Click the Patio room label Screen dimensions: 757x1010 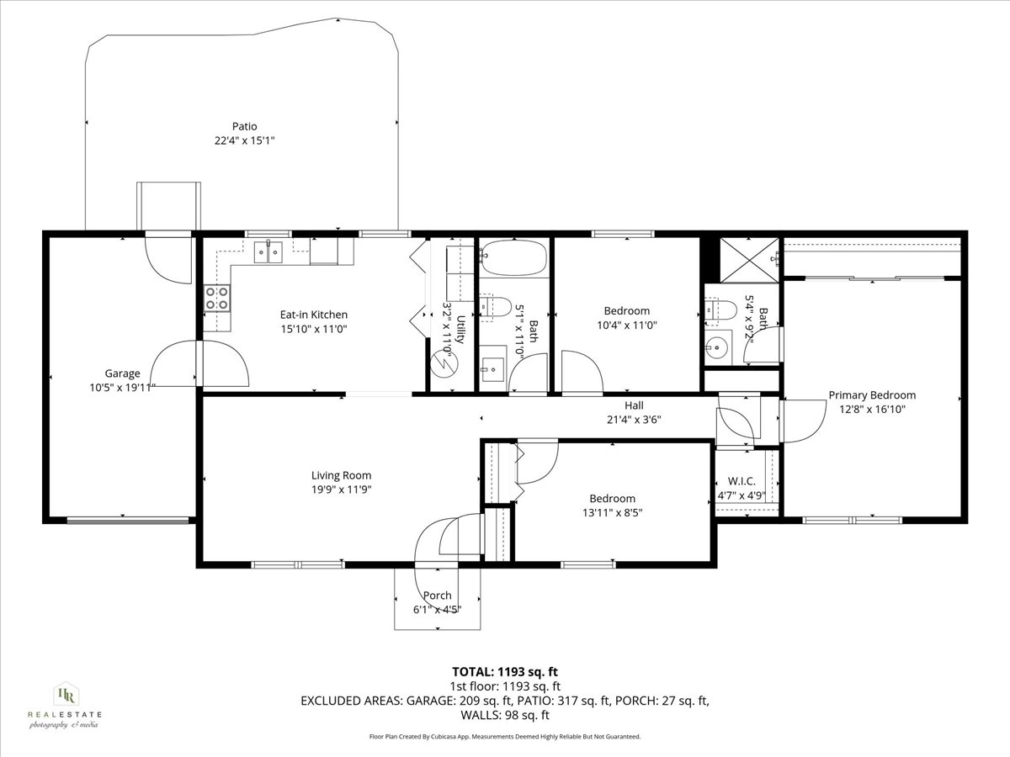click(245, 126)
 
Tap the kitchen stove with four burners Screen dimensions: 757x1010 click(217, 298)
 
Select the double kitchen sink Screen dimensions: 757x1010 click(268, 251)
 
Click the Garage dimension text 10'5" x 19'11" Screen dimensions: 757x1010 click(123, 388)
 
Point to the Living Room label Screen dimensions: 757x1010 click(341, 475)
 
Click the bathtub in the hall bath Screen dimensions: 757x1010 click(513, 257)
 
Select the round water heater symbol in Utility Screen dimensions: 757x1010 click(442, 363)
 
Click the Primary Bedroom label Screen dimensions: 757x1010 click(872, 395)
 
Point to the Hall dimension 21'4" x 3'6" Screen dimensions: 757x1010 click(634, 419)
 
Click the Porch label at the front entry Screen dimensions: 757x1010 click(437, 596)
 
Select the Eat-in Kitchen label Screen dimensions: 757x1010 click(313, 315)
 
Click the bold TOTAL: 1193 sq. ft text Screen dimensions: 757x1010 click(505, 671)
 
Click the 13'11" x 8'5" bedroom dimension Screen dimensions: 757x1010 click(612, 511)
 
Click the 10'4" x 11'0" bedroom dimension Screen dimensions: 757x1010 click(626, 325)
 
